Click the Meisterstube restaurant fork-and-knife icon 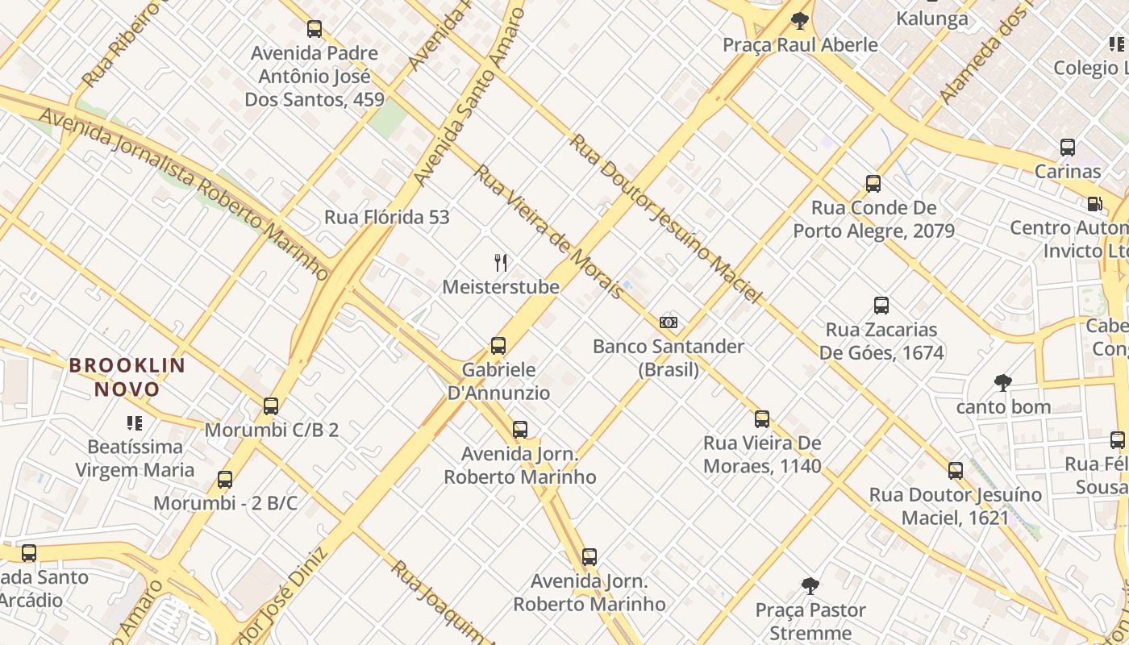[501, 263]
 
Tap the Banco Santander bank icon [669, 322]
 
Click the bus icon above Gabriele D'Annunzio [498, 346]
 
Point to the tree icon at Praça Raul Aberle [799, 21]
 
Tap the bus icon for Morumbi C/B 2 [271, 406]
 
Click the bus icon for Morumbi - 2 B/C [225, 480]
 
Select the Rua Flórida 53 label [387, 217]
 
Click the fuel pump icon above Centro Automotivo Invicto [1094, 204]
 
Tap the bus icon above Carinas [1068, 148]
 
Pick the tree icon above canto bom [1003, 382]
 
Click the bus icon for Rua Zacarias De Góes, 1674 [881, 306]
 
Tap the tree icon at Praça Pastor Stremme [810, 586]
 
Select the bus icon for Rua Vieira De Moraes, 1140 [762, 419]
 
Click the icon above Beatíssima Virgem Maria [135, 422]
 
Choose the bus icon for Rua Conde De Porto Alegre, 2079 [873, 184]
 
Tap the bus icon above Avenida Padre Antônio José [315, 29]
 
